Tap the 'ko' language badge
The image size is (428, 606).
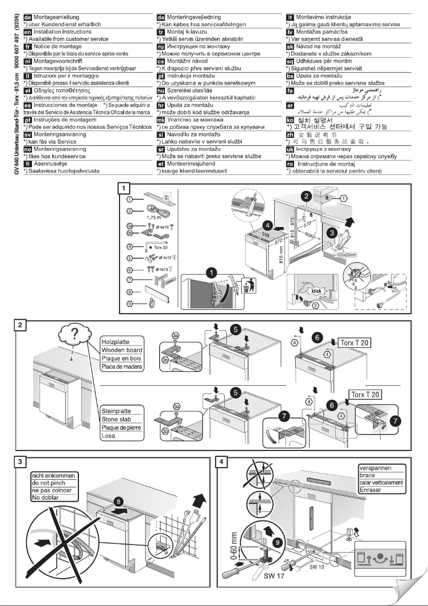click(291, 121)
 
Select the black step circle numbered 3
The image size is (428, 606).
click(330, 232)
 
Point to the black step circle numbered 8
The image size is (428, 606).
click(120, 502)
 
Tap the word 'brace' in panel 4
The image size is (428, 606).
click(368, 475)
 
